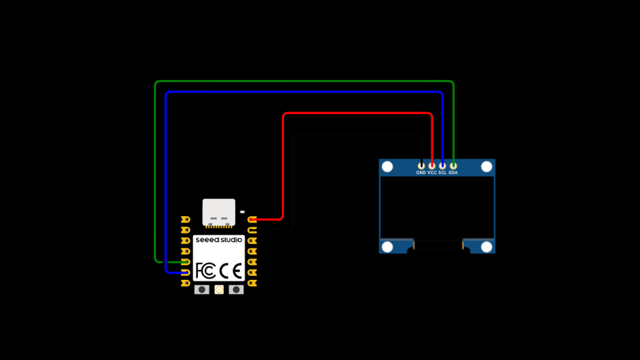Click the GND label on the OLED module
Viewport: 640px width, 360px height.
click(x=421, y=173)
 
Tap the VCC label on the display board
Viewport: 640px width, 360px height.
click(x=432, y=173)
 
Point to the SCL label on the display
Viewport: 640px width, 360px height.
click(x=442, y=173)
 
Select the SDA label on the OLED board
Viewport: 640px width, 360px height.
click(x=453, y=173)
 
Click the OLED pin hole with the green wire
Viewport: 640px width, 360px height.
click(x=453, y=165)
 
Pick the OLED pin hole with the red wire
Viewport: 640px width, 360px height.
click(x=432, y=165)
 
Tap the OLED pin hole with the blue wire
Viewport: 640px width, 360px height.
click(x=443, y=165)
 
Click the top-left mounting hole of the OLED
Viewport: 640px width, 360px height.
click(x=387, y=166)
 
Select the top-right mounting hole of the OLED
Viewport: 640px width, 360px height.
click(x=487, y=166)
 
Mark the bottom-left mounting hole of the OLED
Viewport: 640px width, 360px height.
click(x=387, y=247)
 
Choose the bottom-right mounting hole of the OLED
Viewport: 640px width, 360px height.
click(x=487, y=247)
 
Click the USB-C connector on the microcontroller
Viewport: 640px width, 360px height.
click(x=219, y=212)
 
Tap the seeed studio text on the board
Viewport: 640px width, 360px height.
click(x=219, y=239)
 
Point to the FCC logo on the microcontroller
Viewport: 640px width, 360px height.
click(x=205, y=271)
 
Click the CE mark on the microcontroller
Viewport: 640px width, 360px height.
click(x=231, y=271)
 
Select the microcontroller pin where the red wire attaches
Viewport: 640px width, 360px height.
click(x=252, y=219)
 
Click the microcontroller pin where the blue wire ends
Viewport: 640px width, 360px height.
click(x=185, y=273)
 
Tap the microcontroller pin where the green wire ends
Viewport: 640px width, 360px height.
click(x=185, y=262)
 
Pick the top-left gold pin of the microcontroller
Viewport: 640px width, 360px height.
click(x=185, y=219)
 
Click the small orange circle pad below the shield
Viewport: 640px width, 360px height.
click(x=219, y=289)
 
